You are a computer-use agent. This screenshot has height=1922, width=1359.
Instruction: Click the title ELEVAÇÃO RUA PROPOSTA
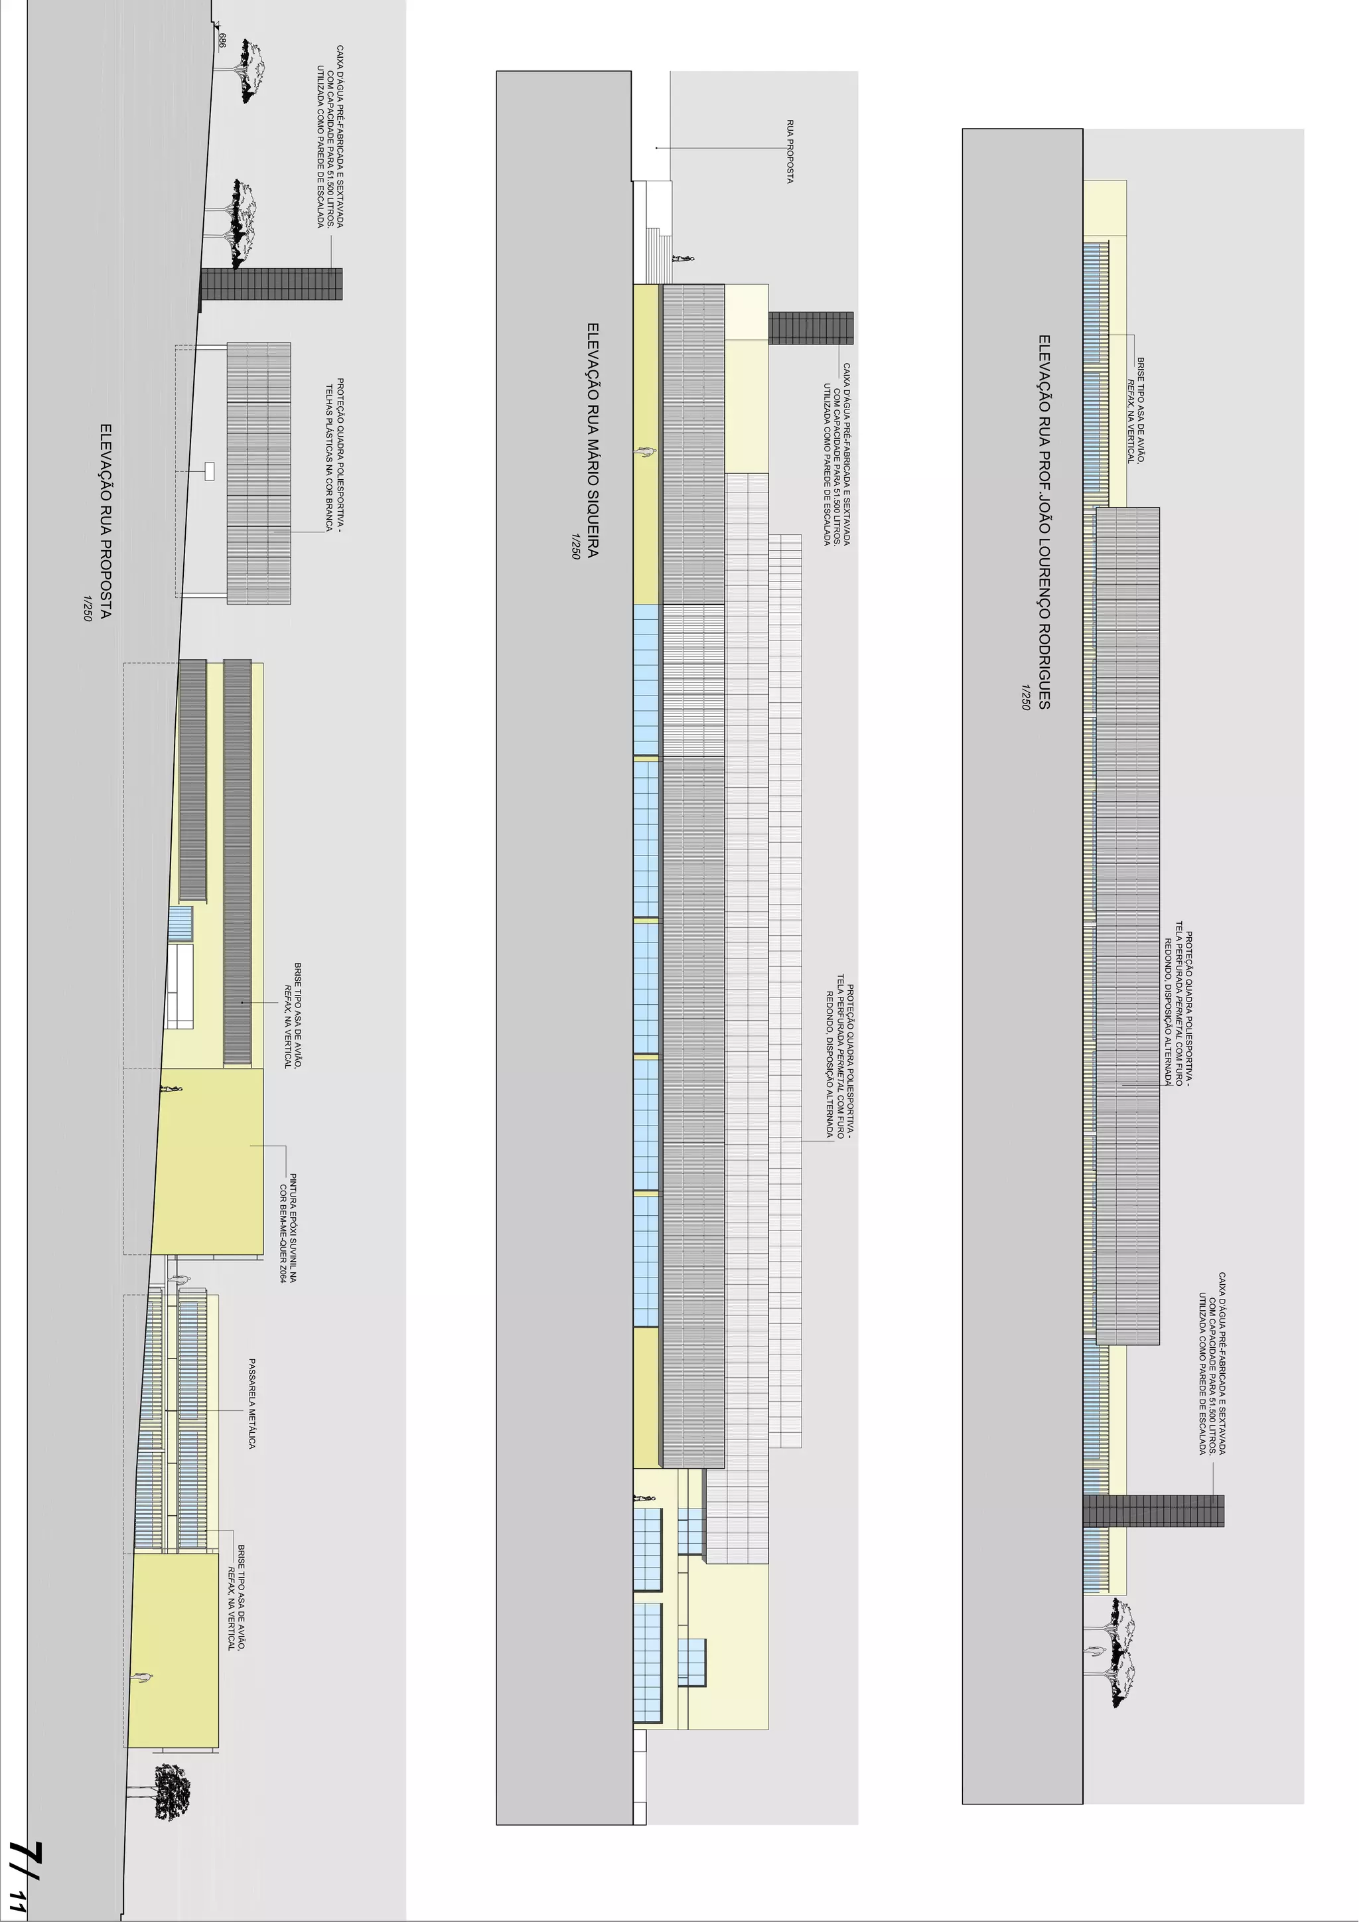[106, 521]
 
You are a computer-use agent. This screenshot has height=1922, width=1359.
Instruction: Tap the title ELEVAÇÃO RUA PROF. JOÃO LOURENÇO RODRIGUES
[1044, 522]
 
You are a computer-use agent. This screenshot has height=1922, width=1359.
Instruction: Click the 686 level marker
[222, 39]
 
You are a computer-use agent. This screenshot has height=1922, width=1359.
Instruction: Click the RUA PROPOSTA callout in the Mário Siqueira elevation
[790, 151]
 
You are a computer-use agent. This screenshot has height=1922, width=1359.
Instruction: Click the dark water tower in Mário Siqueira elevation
[810, 327]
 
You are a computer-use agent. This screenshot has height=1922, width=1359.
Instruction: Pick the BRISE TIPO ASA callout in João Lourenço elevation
[1135, 410]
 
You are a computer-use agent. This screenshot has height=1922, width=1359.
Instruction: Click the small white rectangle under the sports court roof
[209, 471]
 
